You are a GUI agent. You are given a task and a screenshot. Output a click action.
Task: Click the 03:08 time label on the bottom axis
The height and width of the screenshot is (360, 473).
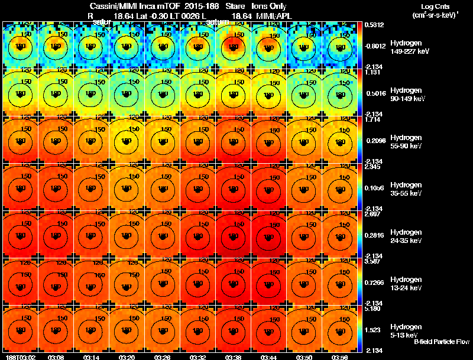(57, 356)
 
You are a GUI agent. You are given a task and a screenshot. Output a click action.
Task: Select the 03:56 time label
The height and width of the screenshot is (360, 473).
(341, 356)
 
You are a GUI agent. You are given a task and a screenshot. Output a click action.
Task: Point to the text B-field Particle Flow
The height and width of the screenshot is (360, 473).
(441, 342)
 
